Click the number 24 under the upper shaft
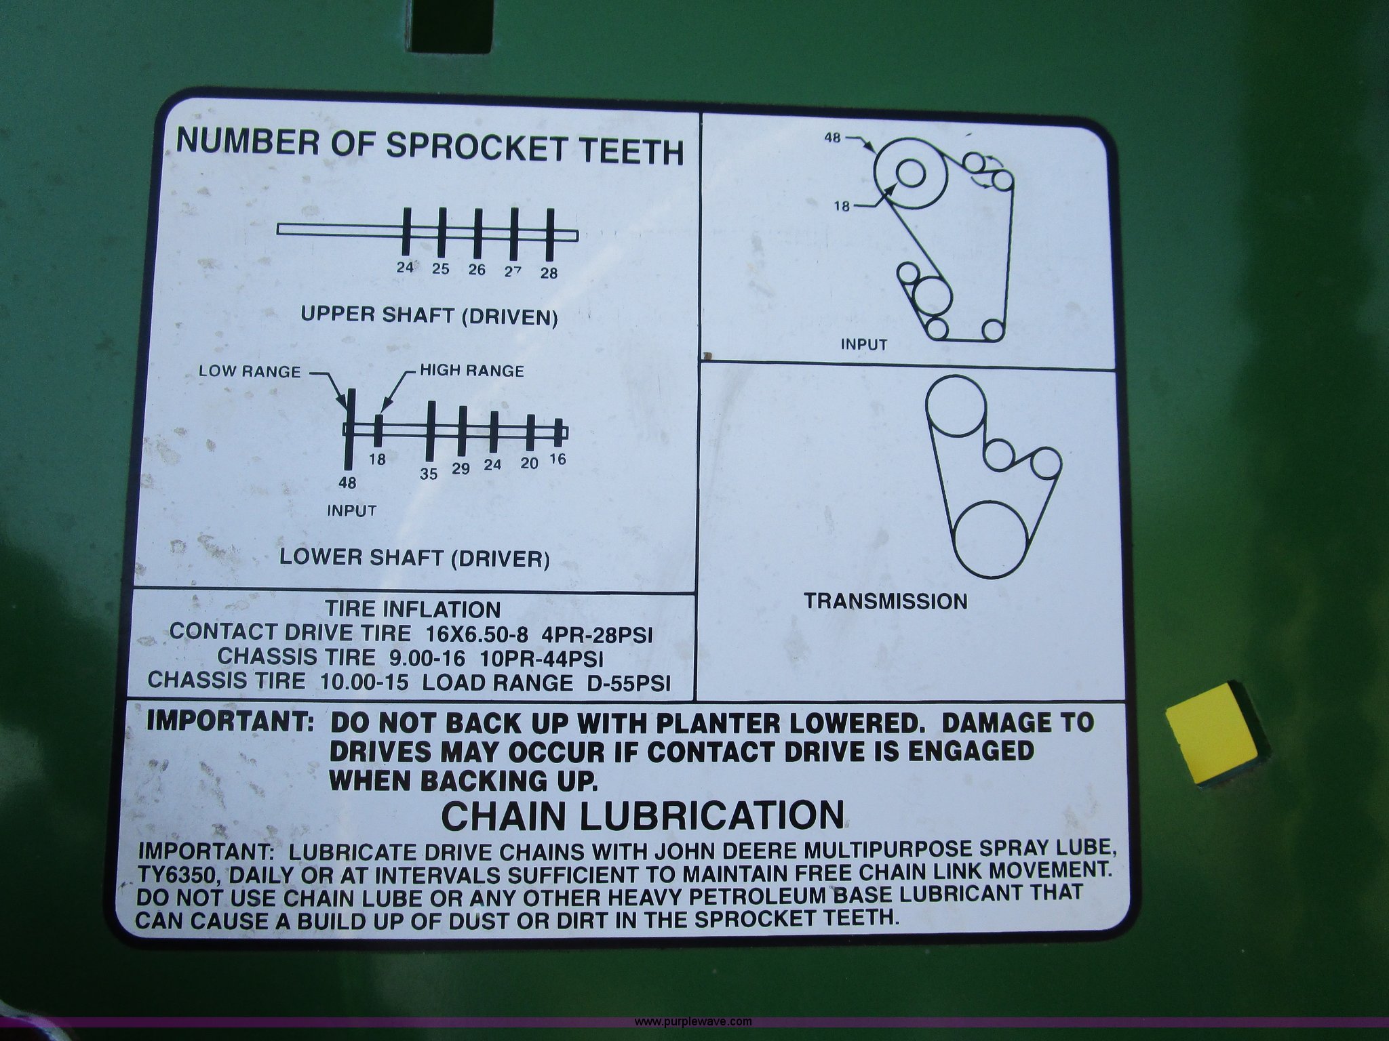coord(405,267)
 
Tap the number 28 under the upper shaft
coord(549,273)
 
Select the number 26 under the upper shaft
coord(477,270)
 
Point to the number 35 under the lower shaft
coord(429,474)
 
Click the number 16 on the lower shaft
coord(557,459)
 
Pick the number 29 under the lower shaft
coord(461,469)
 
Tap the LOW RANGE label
coord(250,371)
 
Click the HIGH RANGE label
coord(472,371)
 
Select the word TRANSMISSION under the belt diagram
coord(886,601)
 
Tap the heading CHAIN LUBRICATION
coord(643,816)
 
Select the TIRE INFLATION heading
coord(412,609)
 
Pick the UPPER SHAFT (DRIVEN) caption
coord(429,316)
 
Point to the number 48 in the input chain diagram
coord(833,137)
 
